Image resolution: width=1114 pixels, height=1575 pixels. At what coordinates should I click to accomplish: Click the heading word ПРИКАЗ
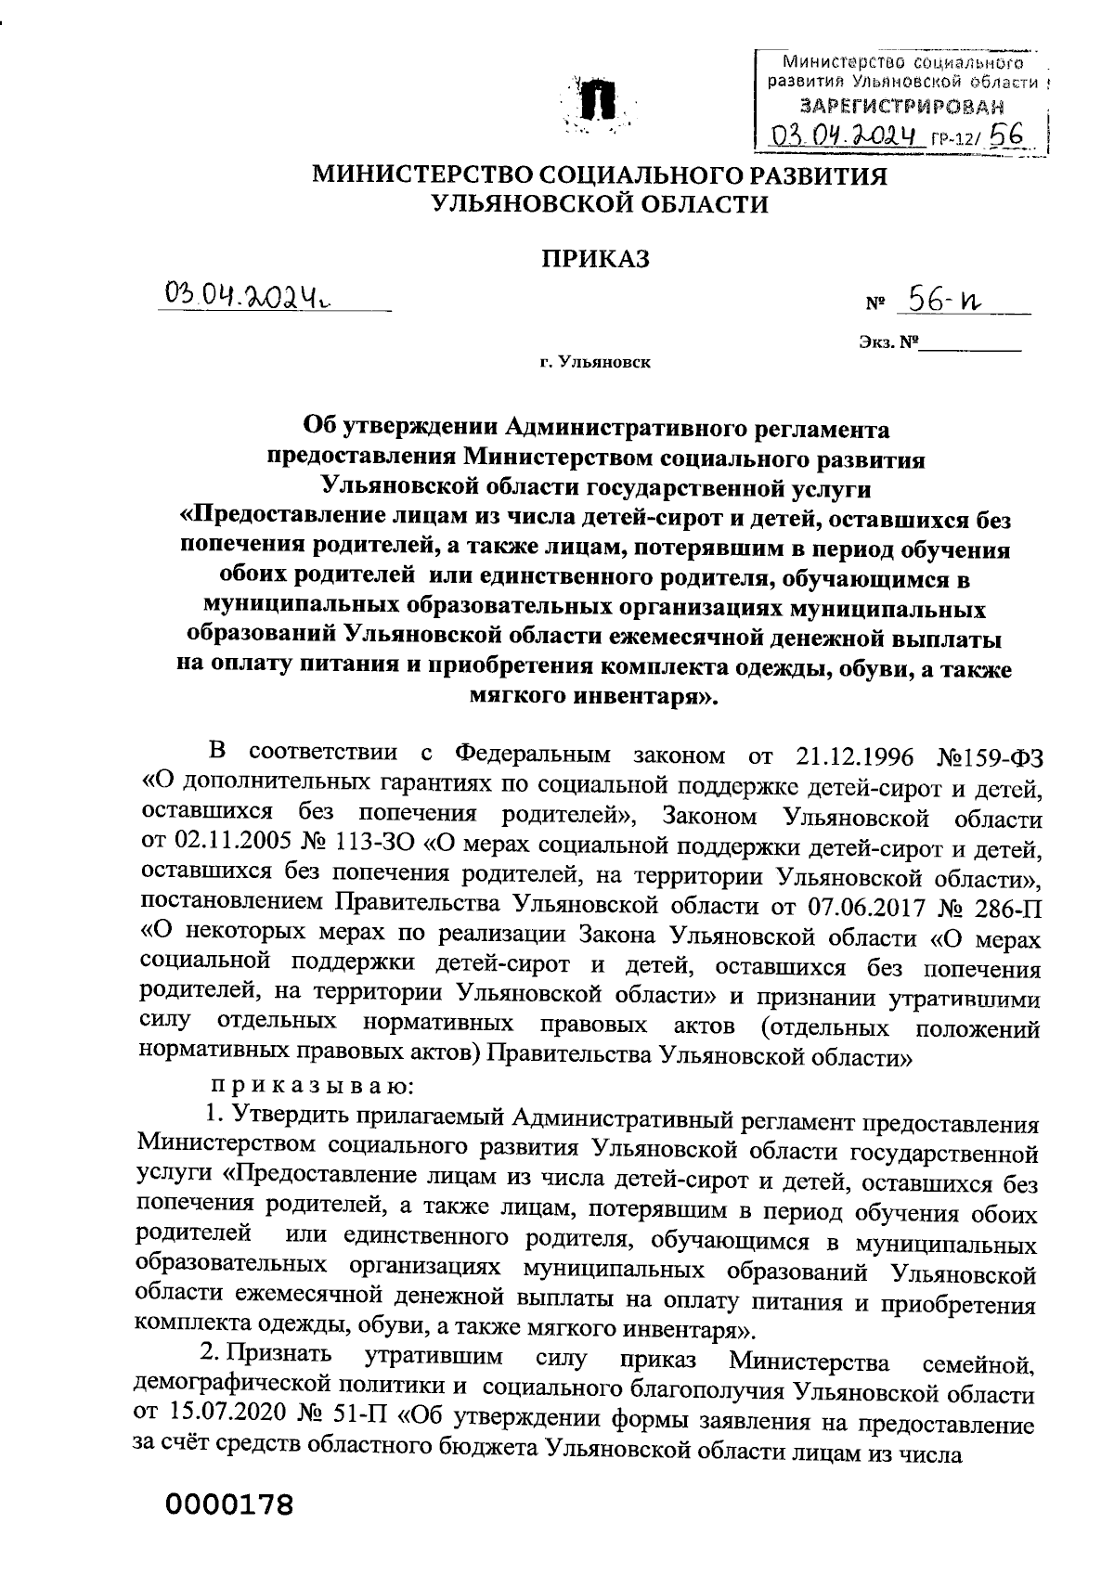(x=595, y=259)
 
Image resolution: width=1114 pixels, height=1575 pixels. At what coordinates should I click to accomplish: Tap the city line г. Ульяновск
(x=595, y=363)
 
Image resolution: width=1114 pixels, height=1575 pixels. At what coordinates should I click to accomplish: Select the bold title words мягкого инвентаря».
(x=595, y=697)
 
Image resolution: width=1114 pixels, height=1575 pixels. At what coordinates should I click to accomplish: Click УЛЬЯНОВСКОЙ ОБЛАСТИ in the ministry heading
(x=595, y=205)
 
